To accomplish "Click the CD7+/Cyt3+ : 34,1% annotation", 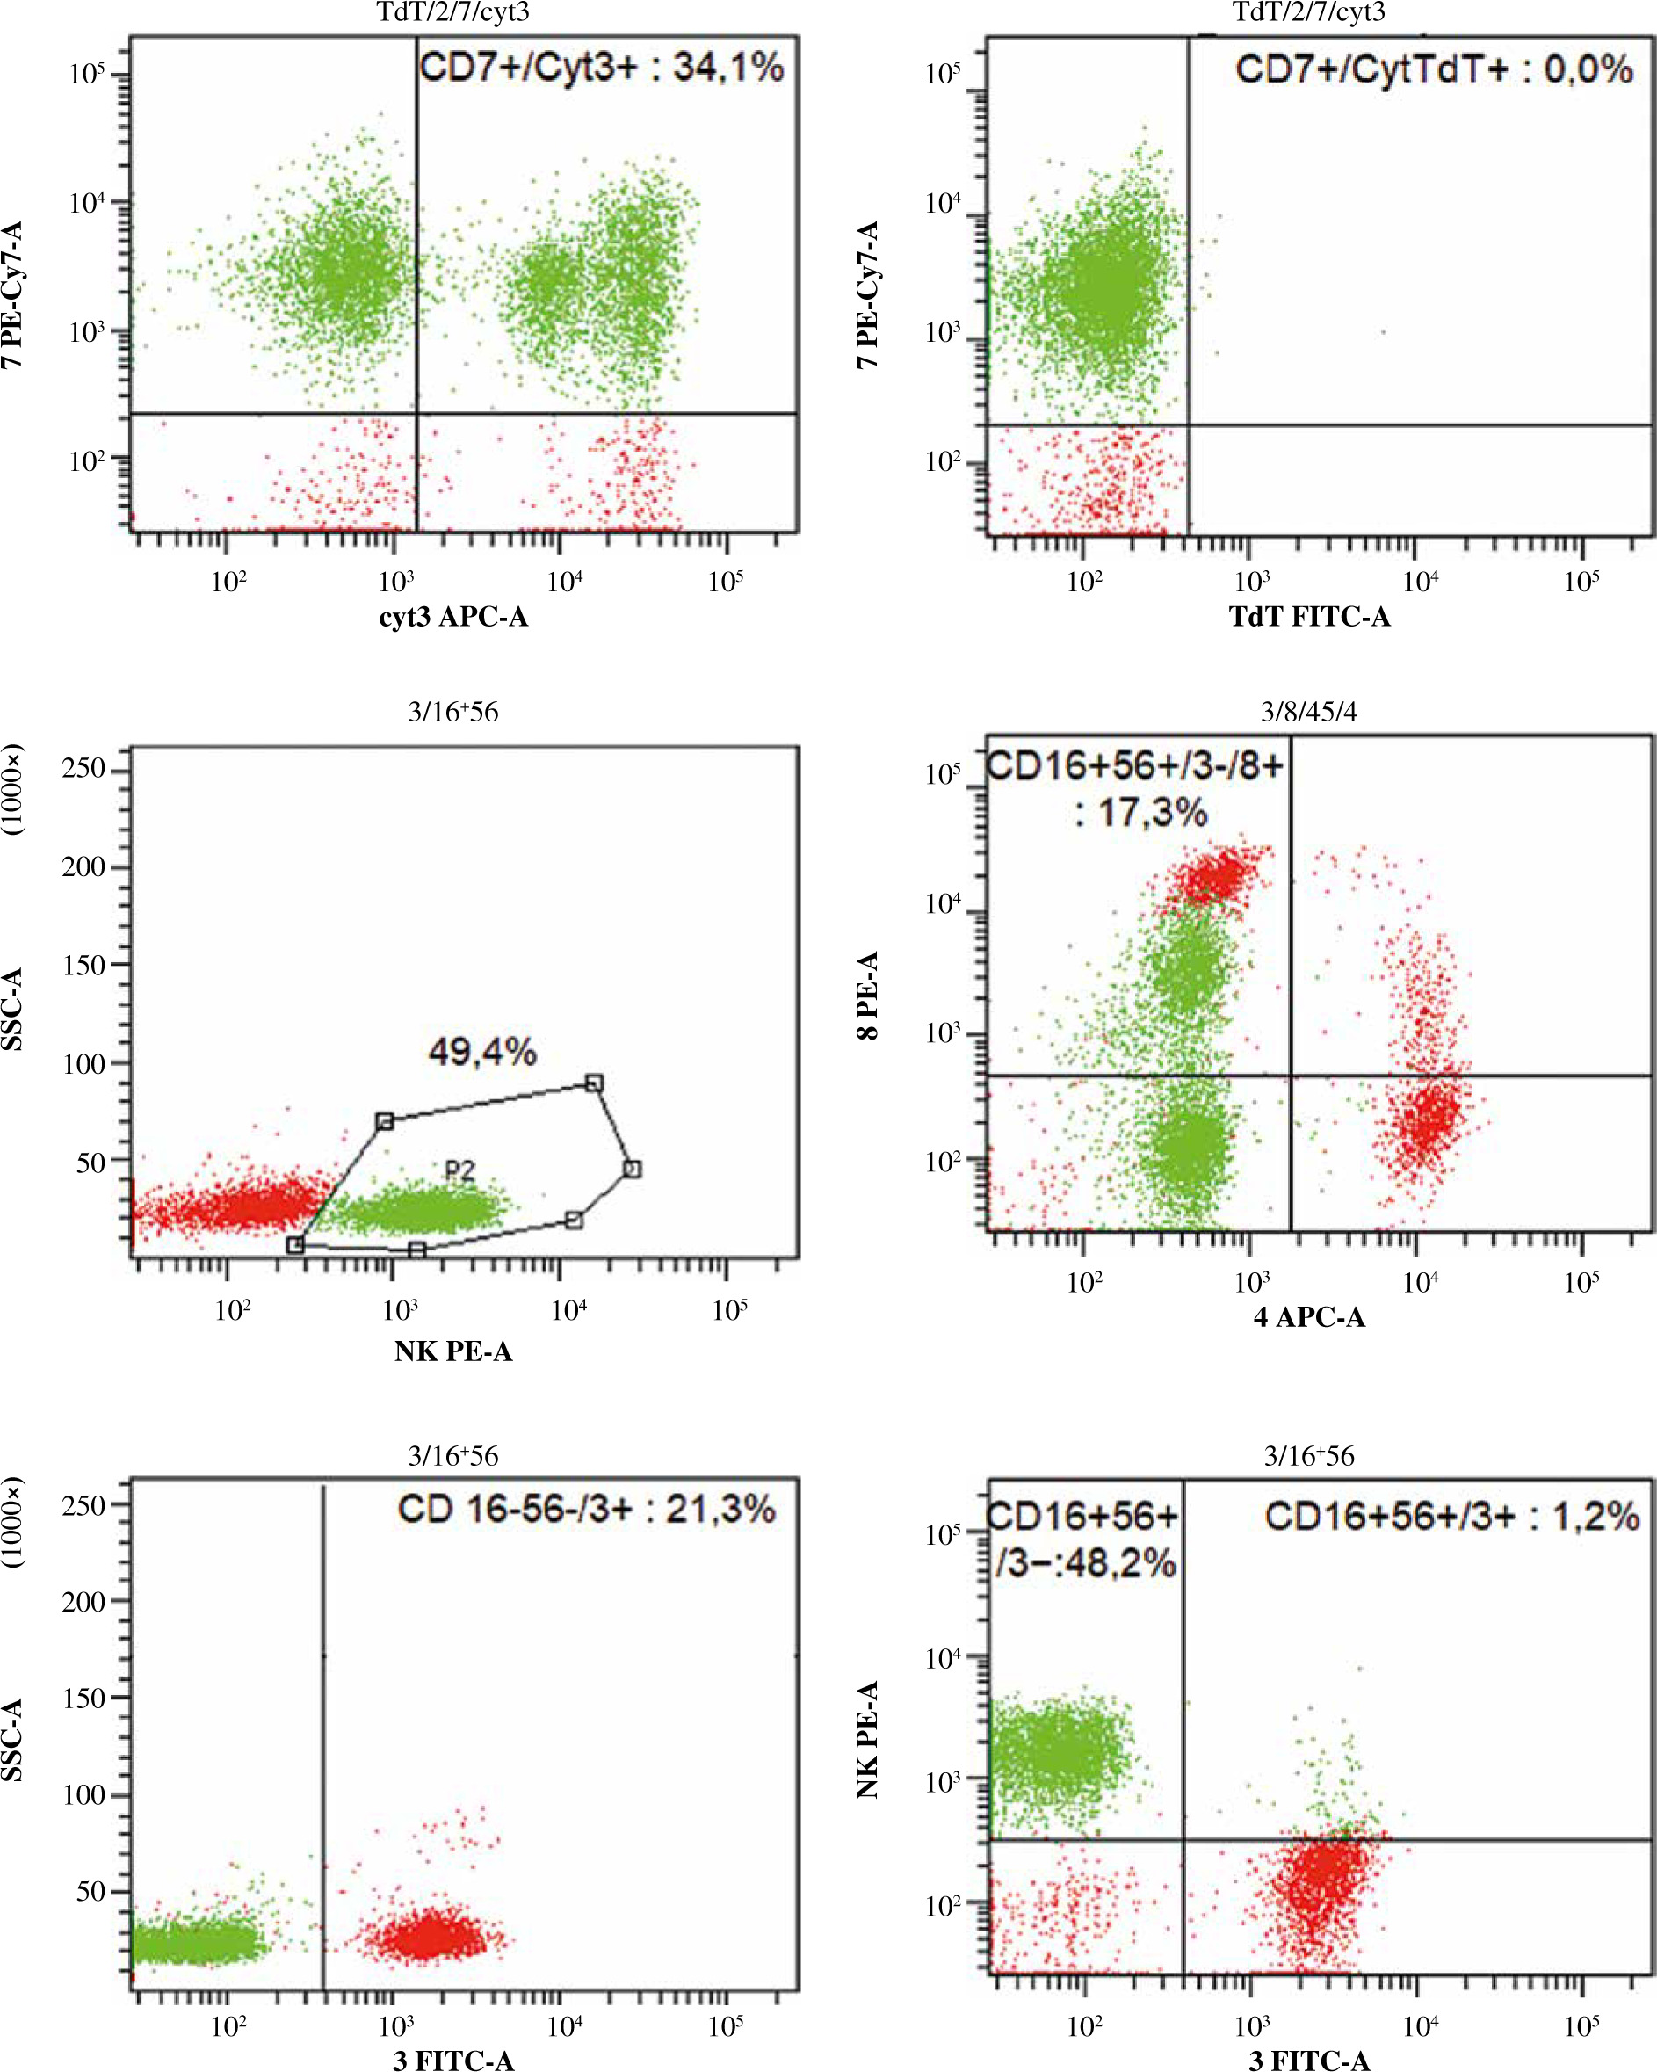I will click(x=602, y=69).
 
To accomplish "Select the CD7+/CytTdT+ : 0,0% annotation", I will click(x=1433, y=70).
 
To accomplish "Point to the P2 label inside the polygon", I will click(x=459, y=1170).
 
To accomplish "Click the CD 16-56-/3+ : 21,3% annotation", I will click(x=586, y=1509).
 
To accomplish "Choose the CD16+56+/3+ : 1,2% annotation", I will click(x=1451, y=1517).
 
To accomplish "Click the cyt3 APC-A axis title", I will click(x=452, y=616).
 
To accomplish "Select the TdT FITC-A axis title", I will click(x=1309, y=616).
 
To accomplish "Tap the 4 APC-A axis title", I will click(x=1309, y=1316).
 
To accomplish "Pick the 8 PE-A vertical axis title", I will click(x=868, y=996).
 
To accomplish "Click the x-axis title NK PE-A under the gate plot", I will click(x=452, y=1351).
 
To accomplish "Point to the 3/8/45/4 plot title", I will click(x=1309, y=712).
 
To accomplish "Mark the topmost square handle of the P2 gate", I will click(x=595, y=1083).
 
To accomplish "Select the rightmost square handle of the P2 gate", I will click(x=632, y=1169).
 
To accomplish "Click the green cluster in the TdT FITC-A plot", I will click(x=1105, y=288).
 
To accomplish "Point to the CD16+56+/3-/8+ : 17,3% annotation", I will click(x=1136, y=790).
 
